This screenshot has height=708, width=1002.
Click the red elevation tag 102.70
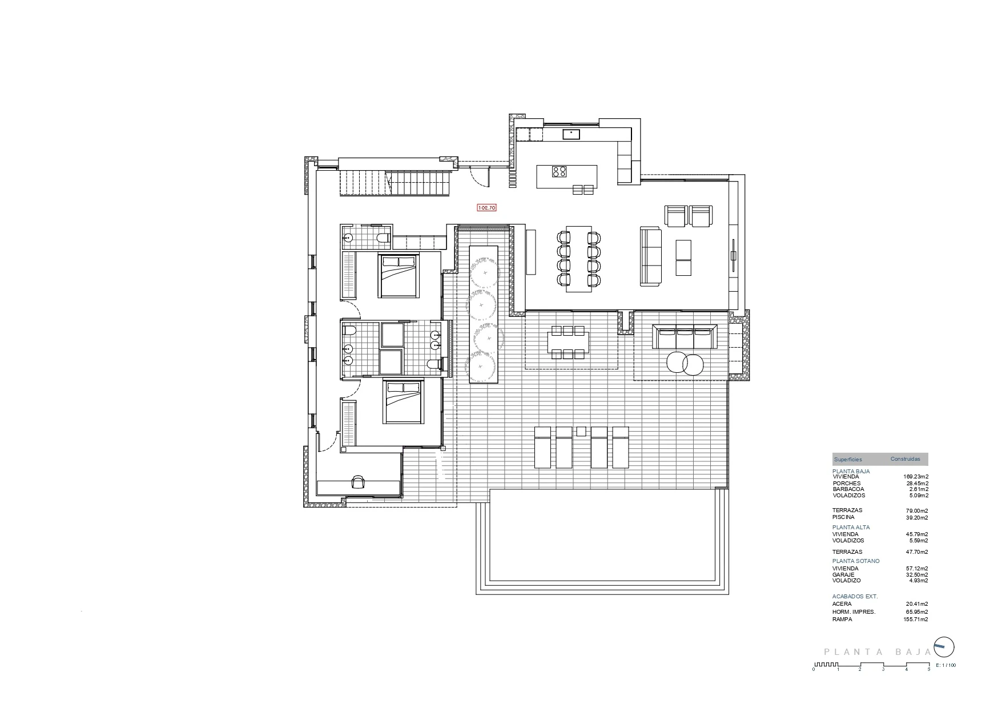[486, 208]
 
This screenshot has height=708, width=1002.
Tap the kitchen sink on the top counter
[572, 134]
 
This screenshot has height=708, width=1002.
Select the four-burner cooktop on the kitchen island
[560, 171]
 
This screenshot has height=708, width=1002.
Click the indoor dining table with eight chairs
[579, 259]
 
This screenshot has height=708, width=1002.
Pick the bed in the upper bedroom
[399, 276]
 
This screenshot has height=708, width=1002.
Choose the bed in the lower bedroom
[404, 401]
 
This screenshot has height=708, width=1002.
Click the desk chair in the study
[358, 482]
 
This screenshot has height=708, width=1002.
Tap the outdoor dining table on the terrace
[568, 343]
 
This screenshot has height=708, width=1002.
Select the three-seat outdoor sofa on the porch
[685, 336]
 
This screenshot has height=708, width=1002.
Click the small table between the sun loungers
[581, 431]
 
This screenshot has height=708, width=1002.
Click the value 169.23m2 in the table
[916, 477]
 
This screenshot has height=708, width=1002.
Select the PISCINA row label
[843, 517]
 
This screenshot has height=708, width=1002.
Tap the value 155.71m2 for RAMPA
[917, 619]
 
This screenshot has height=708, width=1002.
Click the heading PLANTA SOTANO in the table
[856, 561]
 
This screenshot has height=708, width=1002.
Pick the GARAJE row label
[843, 575]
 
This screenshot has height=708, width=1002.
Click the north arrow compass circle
[944, 647]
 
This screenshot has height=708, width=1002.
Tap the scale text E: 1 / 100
[946, 665]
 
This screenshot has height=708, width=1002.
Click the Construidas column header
[906, 459]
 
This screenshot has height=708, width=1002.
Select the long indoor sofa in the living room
[650, 256]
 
